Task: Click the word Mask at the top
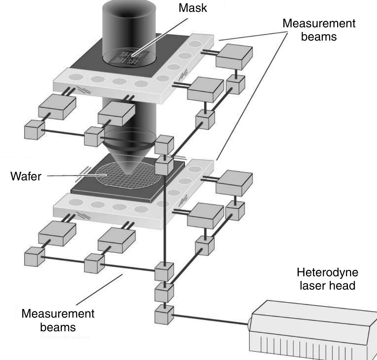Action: tap(193, 9)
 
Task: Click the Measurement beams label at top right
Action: tap(319, 30)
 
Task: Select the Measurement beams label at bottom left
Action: tap(58, 320)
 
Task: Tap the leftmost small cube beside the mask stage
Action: tap(34, 130)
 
